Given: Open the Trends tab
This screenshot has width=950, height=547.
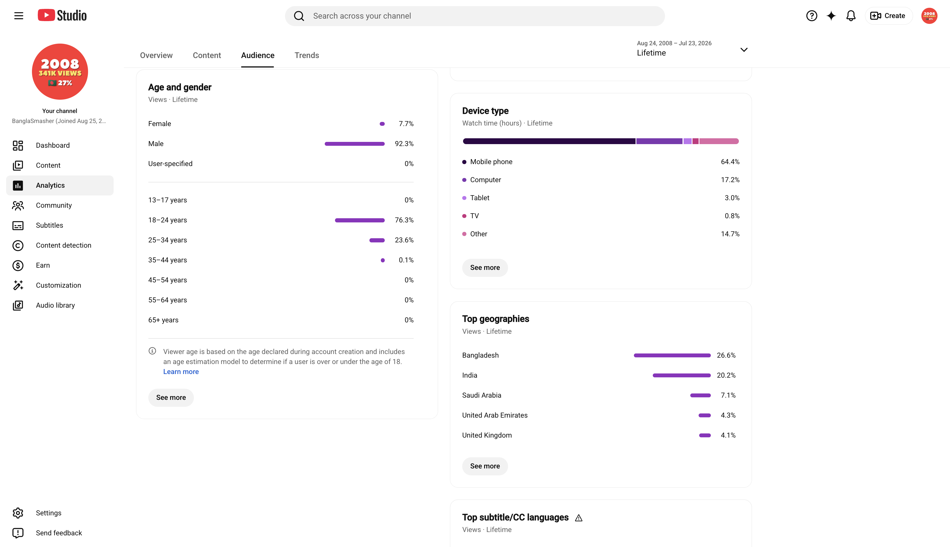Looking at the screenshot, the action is [x=307, y=55].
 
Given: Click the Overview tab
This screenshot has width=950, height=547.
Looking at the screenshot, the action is [x=156, y=55].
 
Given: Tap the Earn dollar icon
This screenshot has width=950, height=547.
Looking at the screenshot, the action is [x=18, y=266].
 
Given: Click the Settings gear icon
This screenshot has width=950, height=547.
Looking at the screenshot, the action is [x=18, y=513].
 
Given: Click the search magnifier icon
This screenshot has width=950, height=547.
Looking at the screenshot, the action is [x=299, y=16].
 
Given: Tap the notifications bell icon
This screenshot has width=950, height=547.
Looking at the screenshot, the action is [x=851, y=16].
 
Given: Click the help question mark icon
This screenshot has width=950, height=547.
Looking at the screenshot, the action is [x=812, y=16].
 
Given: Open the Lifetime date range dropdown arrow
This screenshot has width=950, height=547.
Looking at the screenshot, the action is [x=744, y=50].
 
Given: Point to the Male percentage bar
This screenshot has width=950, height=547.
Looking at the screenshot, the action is [x=355, y=144].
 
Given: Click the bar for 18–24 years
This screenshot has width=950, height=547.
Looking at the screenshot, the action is [x=360, y=220].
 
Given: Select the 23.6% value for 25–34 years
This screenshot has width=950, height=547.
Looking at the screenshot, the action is [x=404, y=240].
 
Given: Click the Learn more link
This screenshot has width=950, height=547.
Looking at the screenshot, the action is [x=181, y=372].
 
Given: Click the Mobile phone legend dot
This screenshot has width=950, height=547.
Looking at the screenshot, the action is [x=464, y=162].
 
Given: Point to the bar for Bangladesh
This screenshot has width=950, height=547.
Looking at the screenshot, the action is [x=672, y=355].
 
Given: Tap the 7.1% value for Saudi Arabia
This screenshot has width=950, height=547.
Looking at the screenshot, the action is [x=728, y=395].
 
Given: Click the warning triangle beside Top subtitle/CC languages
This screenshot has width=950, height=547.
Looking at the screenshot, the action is [x=579, y=518].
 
